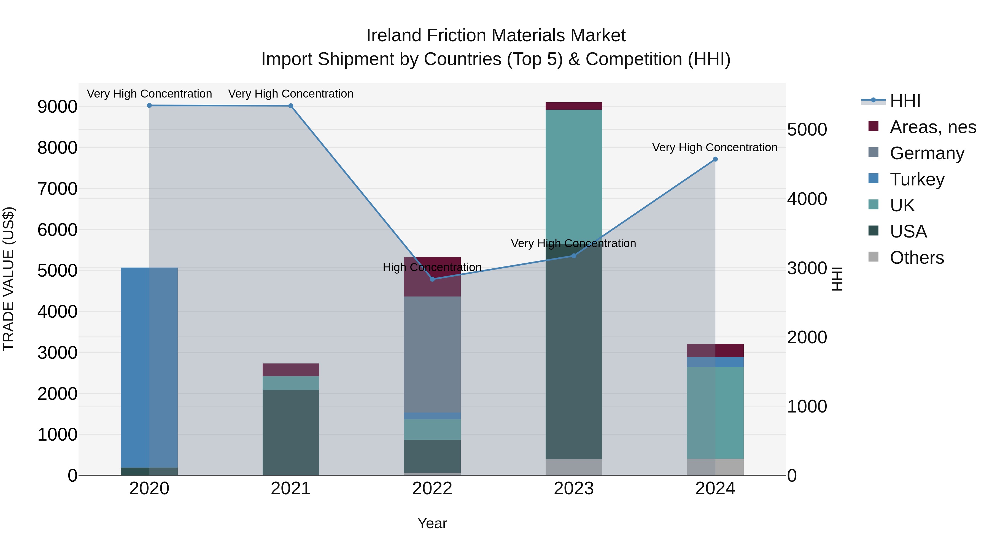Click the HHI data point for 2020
[x=149, y=106]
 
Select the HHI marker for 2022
[x=432, y=279]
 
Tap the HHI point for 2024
[x=715, y=159]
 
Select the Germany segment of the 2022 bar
[x=432, y=354]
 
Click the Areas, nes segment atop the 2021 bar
[x=291, y=370]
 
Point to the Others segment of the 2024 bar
[x=715, y=467]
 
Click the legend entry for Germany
[x=926, y=153]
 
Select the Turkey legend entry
[x=917, y=179]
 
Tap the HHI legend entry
[x=905, y=101]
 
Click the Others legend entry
[x=916, y=258]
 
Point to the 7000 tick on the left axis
[x=57, y=189]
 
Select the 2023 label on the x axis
[x=574, y=489]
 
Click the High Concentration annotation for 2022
[x=432, y=267]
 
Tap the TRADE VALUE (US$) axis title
[x=9, y=279]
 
